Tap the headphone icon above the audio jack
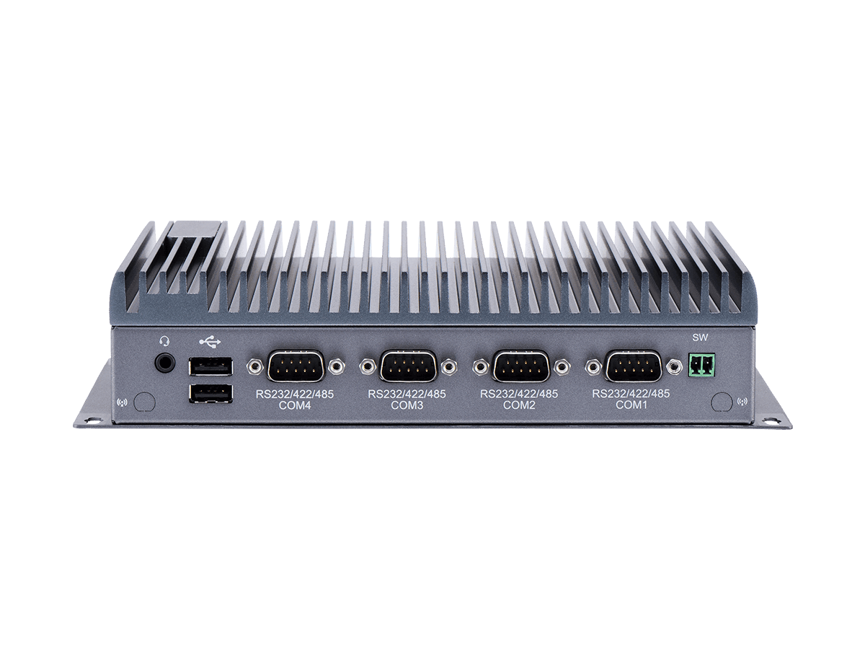(165, 340)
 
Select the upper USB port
(210, 366)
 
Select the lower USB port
(210, 394)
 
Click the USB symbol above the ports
(210, 342)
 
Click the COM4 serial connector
(296, 366)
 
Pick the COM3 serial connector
(408, 366)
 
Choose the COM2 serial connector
(520, 366)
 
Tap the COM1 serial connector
(633, 366)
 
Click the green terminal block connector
(702, 365)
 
